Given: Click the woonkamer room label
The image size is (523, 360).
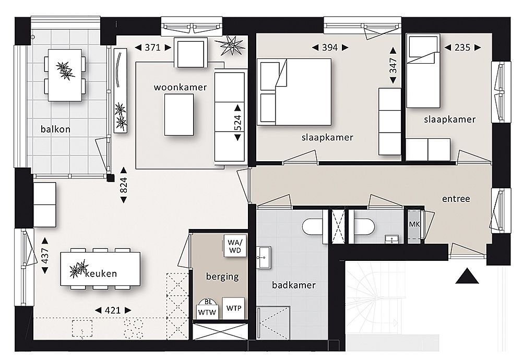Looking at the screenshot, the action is [x=180, y=87].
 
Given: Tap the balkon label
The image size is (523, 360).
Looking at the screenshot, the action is [x=55, y=129].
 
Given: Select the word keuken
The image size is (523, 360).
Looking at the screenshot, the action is [x=101, y=274].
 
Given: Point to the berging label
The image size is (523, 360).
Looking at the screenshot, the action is [x=222, y=277].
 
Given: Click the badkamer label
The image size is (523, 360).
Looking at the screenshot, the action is [x=294, y=285].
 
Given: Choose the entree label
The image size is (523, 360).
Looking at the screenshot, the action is [x=456, y=199].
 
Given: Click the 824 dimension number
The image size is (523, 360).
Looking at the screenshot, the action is [x=123, y=185].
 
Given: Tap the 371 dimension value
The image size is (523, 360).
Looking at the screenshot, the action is [x=153, y=47].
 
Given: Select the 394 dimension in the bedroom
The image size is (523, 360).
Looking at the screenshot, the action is [x=330, y=47].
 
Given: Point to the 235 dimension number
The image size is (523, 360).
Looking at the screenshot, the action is [x=462, y=47].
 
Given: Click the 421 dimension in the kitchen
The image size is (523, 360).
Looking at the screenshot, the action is [x=113, y=310].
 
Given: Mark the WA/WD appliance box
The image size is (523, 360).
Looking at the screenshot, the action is [x=235, y=246].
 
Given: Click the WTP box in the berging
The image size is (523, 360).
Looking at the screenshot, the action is [x=234, y=308].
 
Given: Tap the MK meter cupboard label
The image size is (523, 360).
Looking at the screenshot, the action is [x=414, y=224].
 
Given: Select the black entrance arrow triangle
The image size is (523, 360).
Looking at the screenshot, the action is [x=467, y=276].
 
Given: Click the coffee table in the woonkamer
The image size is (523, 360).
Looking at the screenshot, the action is [x=179, y=115].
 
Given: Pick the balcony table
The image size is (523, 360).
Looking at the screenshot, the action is [x=65, y=75].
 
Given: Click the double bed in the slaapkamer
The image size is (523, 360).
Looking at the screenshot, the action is [x=294, y=92].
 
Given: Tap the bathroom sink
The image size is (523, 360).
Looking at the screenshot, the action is [x=264, y=257].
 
